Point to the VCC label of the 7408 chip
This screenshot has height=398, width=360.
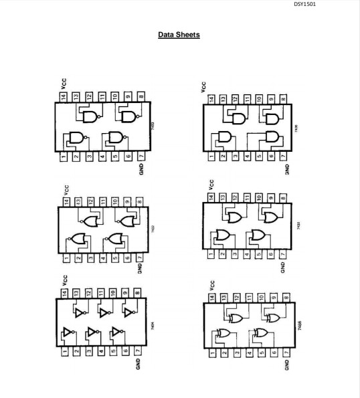pos(203,87)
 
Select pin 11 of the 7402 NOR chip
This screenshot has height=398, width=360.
pos(103,201)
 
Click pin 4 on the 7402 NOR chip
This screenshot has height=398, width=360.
pos(103,257)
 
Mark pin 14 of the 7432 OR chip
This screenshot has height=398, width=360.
pos(211,198)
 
